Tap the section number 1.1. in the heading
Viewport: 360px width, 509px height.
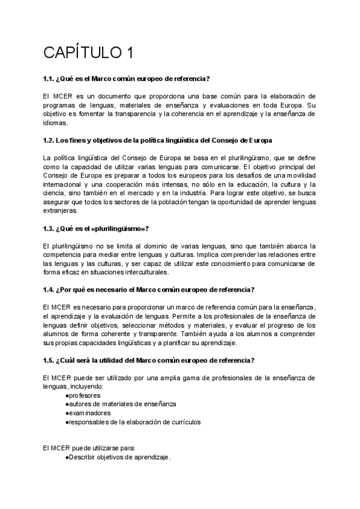(x=50, y=79)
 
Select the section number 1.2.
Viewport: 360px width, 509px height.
(x=50, y=140)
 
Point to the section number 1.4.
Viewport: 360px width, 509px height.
(x=50, y=289)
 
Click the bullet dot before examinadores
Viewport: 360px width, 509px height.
(x=66, y=413)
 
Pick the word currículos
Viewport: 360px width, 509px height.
(x=181, y=422)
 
